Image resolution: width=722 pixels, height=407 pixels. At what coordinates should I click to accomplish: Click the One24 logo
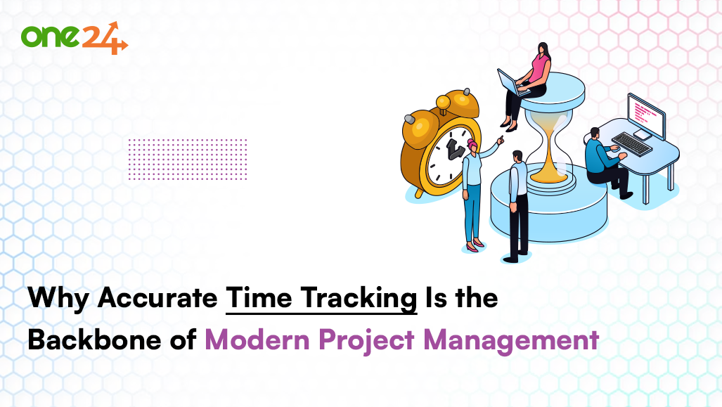tap(74, 37)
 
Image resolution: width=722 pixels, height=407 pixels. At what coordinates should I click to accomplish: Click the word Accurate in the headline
tap(157, 299)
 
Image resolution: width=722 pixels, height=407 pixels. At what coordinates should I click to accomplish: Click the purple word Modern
tap(256, 340)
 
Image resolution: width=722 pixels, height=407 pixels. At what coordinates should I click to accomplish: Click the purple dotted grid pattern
tap(188, 159)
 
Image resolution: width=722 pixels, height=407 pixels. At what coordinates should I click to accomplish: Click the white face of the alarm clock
tap(451, 155)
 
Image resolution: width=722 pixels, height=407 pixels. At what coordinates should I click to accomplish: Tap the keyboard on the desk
tap(631, 144)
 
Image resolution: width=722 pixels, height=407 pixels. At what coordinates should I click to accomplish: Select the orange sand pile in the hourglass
tap(549, 171)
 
